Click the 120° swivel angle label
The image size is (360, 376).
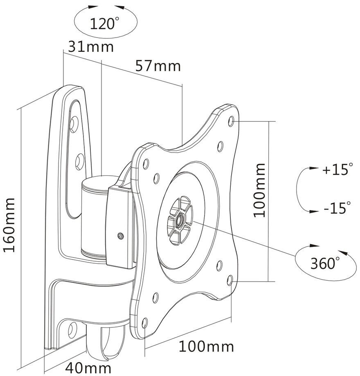[x=104, y=24]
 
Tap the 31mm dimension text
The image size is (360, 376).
[x=91, y=47]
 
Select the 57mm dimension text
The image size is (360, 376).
[x=157, y=66]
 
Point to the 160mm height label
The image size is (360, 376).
[x=9, y=225]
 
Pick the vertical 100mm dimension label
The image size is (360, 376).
[x=260, y=190]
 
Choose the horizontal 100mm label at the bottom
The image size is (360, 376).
[x=206, y=347]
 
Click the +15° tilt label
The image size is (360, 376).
[x=337, y=169]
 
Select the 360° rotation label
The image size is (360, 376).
[x=325, y=263]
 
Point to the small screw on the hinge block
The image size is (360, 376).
[x=121, y=236]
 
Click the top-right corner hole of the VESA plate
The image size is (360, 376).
[x=232, y=121]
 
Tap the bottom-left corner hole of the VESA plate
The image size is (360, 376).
[x=145, y=323]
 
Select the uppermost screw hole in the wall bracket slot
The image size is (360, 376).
[x=74, y=124]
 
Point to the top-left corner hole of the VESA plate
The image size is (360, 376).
[x=146, y=164]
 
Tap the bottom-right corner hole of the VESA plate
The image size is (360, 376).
[x=230, y=280]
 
